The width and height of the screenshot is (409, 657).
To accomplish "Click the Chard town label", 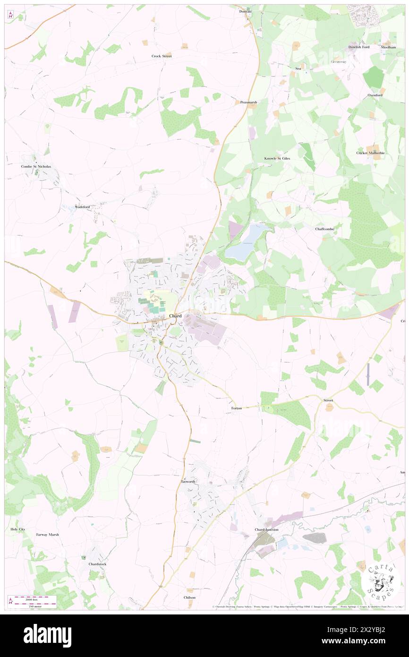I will pyautogui.click(x=175, y=316).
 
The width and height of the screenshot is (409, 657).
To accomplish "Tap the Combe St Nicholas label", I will pyautogui.click(x=36, y=166).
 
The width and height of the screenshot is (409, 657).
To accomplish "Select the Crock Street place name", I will pyautogui.click(x=162, y=56).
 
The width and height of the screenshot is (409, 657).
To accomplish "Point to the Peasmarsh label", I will pyautogui.click(x=248, y=102).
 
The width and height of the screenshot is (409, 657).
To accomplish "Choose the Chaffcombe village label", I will pyautogui.click(x=325, y=229).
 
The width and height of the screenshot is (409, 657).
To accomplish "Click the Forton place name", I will pyautogui.click(x=237, y=408).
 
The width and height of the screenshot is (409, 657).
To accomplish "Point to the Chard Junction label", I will pyautogui.click(x=266, y=530).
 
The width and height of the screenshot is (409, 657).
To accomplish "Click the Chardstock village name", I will pyautogui.click(x=98, y=564).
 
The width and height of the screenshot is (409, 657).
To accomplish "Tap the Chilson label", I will pyautogui.click(x=189, y=597).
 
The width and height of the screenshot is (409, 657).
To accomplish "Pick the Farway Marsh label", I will pyautogui.click(x=48, y=535).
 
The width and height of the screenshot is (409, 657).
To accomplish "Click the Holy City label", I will pyautogui.click(x=17, y=529).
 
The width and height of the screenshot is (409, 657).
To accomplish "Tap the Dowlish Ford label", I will pyautogui.click(x=359, y=47).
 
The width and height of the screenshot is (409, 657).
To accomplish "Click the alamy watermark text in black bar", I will pyautogui.click(x=47, y=636).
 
